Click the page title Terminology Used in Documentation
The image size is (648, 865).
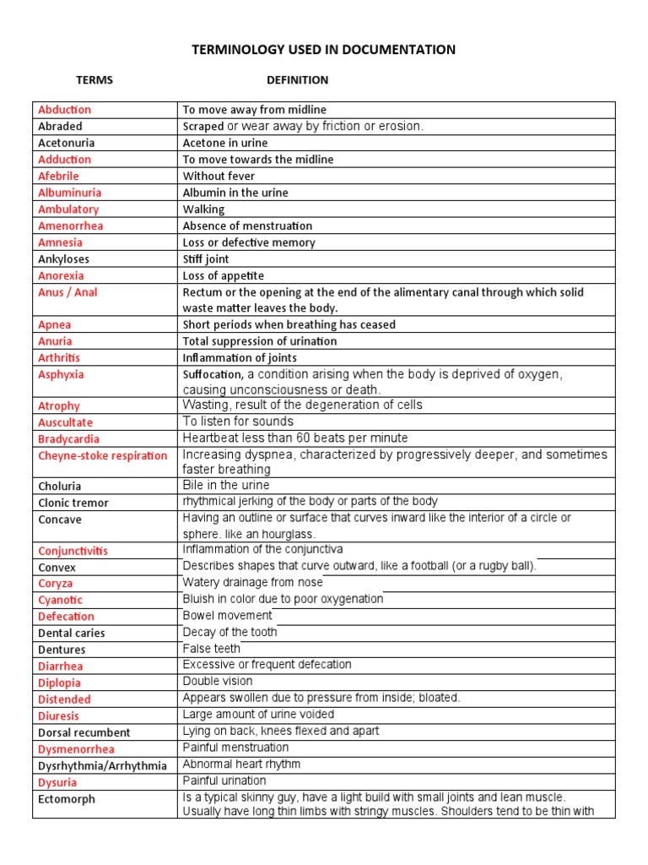tap(324, 50)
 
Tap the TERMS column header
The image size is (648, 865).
tap(94, 80)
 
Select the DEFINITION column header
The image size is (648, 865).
tap(298, 80)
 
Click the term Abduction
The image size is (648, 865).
tap(64, 110)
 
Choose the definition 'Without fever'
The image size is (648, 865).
tap(219, 176)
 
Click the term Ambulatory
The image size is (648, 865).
tap(68, 209)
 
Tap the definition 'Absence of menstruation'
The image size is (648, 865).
tap(247, 226)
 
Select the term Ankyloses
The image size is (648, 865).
tap(63, 259)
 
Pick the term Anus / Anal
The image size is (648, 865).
tap(67, 292)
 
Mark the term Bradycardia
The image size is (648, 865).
tap(68, 439)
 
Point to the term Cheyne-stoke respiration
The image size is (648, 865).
tap(103, 455)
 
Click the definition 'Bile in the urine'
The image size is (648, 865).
tap(226, 486)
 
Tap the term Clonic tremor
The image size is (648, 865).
tap(73, 503)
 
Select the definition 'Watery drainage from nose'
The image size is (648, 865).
tap(252, 583)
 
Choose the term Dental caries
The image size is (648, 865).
tap(72, 633)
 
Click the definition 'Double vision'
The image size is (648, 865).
tap(218, 681)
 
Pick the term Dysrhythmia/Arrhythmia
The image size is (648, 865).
tap(103, 765)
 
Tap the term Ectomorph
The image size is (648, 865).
tap(67, 799)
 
